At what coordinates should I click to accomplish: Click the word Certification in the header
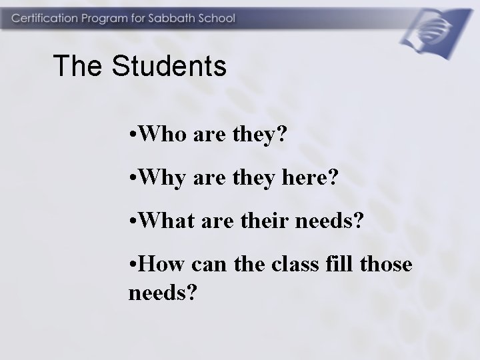(41, 18)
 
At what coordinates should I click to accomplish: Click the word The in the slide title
(75, 66)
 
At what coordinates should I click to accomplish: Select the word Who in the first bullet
(159, 136)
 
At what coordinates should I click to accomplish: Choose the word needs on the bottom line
(157, 291)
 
